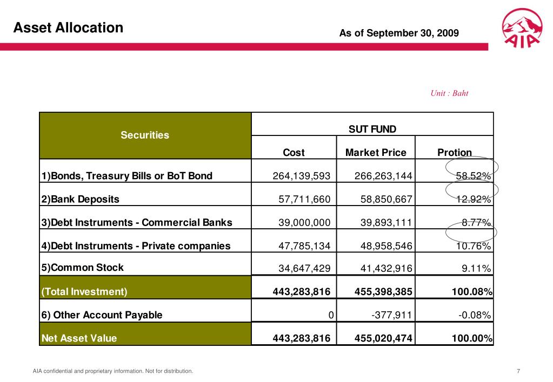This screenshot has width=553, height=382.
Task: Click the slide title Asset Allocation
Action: pyautogui.click(x=69, y=28)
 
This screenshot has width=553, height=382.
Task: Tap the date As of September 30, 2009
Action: pyautogui.click(x=399, y=33)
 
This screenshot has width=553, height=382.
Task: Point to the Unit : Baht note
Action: pyautogui.click(x=449, y=93)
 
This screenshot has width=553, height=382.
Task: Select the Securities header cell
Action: pyautogui.click(x=145, y=135)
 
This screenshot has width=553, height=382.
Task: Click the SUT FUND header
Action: pyautogui.click(x=372, y=129)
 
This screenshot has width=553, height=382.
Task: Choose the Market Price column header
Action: pyautogui.click(x=376, y=152)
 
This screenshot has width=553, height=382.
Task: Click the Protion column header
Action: pyautogui.click(x=455, y=152)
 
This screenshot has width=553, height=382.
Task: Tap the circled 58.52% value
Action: pyautogui.click(x=474, y=176)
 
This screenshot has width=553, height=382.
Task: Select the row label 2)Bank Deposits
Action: pyautogui.click(x=81, y=199)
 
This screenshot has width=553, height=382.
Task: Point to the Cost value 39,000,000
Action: pyautogui.click(x=304, y=222)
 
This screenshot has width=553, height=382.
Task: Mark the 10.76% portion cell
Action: pyautogui.click(x=474, y=246)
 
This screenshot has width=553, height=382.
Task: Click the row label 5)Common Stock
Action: pyautogui.click(x=83, y=267)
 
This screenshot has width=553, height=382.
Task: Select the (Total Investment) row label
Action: pyautogui.click(x=85, y=292)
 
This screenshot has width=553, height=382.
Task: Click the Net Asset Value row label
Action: pyautogui.click(x=79, y=338)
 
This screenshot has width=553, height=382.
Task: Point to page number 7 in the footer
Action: pyautogui.click(x=518, y=371)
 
